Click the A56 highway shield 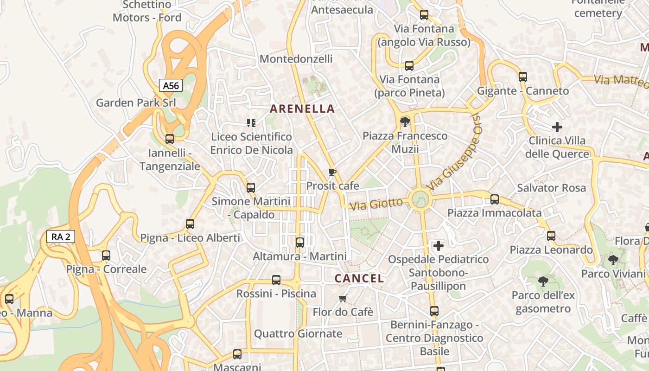pyautogui.click(x=171, y=85)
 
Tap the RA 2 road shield pyautogui.click(x=61, y=237)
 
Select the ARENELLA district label pyautogui.click(x=302, y=109)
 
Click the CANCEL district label pyautogui.click(x=359, y=279)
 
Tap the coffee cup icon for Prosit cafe pyautogui.click(x=332, y=173)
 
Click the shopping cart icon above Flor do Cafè pyautogui.click(x=343, y=298)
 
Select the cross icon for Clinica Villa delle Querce pyautogui.click(x=557, y=127)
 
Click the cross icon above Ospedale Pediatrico pyautogui.click(x=438, y=245)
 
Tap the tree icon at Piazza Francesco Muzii pyautogui.click(x=405, y=122)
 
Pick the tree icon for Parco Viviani pyautogui.click(x=613, y=260)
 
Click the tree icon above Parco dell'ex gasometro pyautogui.click(x=543, y=281)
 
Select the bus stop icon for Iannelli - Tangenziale pyautogui.click(x=170, y=139)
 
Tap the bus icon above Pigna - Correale pyautogui.click(x=106, y=256)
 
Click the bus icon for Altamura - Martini pyautogui.click(x=300, y=242)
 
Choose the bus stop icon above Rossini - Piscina pyautogui.click(x=276, y=280)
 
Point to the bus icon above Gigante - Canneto pyautogui.click(x=523, y=77)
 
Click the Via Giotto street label pyautogui.click(x=376, y=204)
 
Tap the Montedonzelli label pyautogui.click(x=296, y=59)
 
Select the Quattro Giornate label pyautogui.click(x=298, y=333)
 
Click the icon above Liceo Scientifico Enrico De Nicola pyautogui.click(x=251, y=123)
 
